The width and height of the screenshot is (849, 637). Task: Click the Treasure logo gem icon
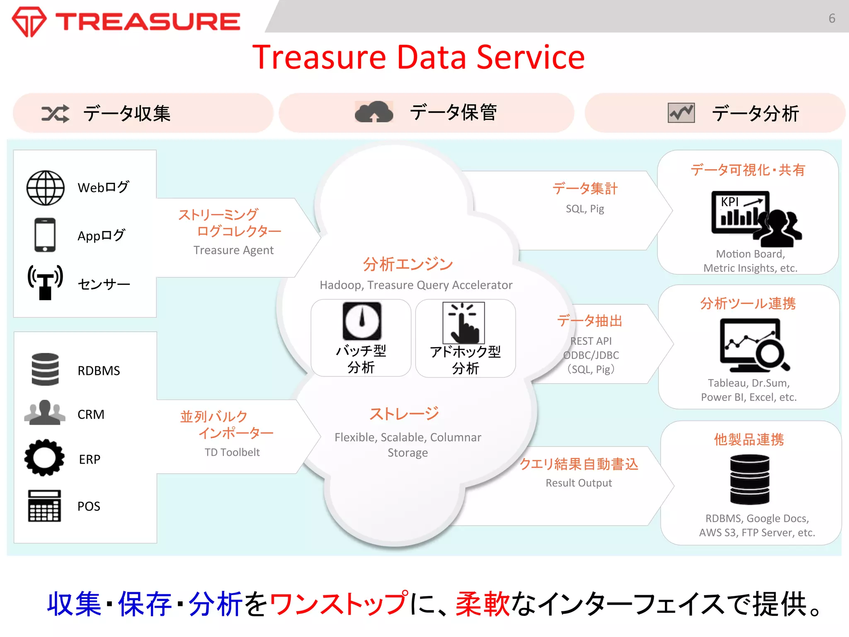click(x=29, y=22)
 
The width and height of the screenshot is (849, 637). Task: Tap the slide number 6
click(x=832, y=18)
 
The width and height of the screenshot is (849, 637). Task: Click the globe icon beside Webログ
click(x=46, y=188)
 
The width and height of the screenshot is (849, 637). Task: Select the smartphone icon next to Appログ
click(x=45, y=235)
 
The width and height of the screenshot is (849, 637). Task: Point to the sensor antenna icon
click(x=45, y=282)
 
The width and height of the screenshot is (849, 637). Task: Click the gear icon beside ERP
click(x=44, y=458)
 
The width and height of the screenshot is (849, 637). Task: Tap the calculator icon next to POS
click(x=44, y=506)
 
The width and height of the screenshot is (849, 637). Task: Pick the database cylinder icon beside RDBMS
click(x=45, y=369)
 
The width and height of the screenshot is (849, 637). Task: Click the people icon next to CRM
click(x=44, y=413)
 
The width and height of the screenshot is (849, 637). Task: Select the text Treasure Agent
click(x=233, y=250)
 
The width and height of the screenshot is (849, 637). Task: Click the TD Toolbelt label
click(x=232, y=452)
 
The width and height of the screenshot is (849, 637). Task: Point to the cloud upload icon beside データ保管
click(x=374, y=112)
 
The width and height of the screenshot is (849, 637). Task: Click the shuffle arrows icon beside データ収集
click(x=55, y=113)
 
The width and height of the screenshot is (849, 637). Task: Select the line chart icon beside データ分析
click(x=681, y=113)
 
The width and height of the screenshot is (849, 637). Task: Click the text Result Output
click(x=578, y=483)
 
